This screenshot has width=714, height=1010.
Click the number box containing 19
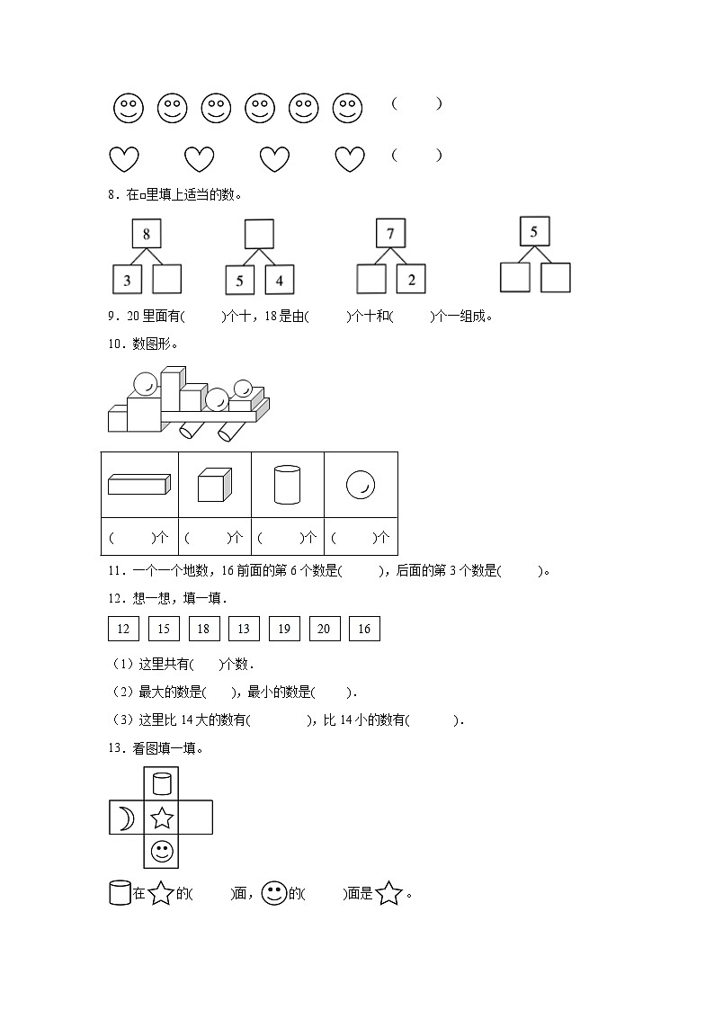(284, 629)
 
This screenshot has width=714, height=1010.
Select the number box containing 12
(123, 629)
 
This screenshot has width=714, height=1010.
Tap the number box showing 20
(324, 629)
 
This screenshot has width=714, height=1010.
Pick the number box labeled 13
(244, 629)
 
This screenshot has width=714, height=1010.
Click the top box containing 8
(147, 235)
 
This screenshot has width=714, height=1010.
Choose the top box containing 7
(390, 234)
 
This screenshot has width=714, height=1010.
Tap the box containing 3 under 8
(127, 280)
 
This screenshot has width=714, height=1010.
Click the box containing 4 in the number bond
(280, 280)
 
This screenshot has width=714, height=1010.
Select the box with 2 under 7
(411, 279)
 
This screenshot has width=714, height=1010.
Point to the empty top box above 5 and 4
(259, 234)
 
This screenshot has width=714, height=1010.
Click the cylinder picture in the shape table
(287, 484)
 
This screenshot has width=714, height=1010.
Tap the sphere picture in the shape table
(361, 486)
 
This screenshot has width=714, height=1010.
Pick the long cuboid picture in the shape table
(138, 485)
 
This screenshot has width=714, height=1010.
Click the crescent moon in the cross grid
(126, 818)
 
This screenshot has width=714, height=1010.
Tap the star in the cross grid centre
(161, 818)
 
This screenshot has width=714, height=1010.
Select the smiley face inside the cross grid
(161, 851)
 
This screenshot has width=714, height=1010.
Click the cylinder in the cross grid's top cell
(161, 784)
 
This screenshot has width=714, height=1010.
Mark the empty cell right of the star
(195, 818)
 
